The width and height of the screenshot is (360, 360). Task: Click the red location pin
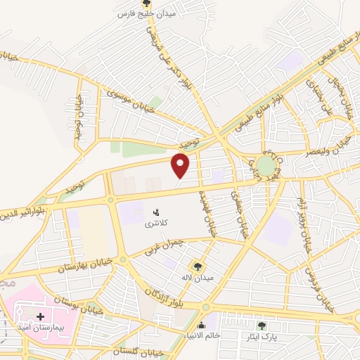tap(181, 165)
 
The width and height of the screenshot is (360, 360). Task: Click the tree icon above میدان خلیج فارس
tap(146, 4)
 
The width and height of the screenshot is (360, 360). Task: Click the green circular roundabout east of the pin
tap(266, 166)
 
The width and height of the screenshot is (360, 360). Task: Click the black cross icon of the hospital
tap(40, 317)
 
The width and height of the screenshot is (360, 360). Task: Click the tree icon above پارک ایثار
tap(262, 326)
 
